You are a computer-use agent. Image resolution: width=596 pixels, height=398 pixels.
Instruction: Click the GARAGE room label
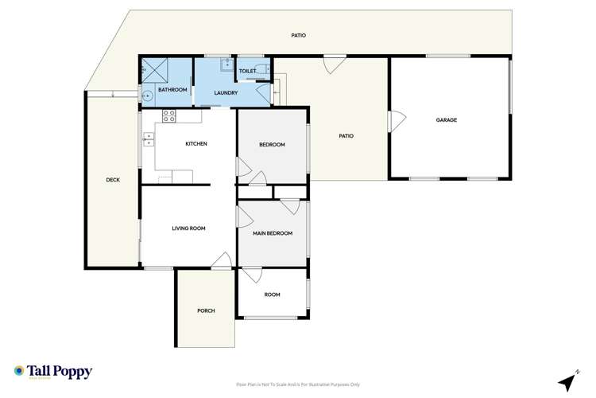(447, 120)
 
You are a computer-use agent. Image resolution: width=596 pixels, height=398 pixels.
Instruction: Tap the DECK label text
(113, 180)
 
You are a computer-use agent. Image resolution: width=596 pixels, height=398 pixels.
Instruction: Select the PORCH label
(206, 310)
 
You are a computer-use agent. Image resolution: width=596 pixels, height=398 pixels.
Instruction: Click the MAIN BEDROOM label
(273, 233)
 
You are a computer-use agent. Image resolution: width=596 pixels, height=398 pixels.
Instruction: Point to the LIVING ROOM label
(188, 228)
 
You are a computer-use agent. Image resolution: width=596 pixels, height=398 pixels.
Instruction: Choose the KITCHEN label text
(196, 144)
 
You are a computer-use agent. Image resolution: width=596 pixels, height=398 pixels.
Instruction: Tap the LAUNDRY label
(226, 93)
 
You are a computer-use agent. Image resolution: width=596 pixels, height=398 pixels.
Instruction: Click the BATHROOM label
(172, 90)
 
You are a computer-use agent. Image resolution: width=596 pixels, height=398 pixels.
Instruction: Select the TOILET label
(247, 71)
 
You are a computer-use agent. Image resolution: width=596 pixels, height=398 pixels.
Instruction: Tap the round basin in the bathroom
(146, 96)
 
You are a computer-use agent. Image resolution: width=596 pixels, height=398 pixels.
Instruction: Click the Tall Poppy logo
(53, 372)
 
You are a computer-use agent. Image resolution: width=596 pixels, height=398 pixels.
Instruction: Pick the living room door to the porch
(224, 260)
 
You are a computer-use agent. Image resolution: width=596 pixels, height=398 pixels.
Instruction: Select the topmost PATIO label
(298, 36)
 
